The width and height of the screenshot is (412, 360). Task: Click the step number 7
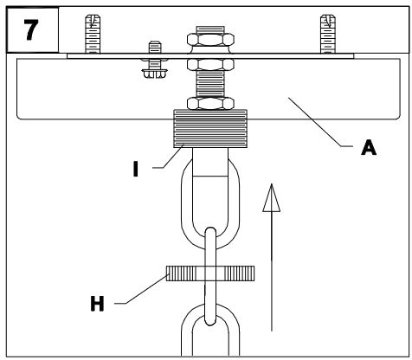(31, 29)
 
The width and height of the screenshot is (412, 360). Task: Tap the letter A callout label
(369, 147)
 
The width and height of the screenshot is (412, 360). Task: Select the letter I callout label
(136, 169)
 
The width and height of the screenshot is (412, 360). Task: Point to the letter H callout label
(97, 304)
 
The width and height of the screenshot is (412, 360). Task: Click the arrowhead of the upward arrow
(272, 198)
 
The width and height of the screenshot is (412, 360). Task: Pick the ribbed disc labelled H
(210, 273)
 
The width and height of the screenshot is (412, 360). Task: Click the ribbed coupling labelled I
(210, 129)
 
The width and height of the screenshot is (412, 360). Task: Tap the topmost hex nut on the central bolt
(210, 40)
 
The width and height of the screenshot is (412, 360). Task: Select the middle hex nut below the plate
(210, 65)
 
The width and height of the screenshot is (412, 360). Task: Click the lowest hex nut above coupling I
(210, 104)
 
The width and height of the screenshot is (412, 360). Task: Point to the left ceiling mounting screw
(93, 34)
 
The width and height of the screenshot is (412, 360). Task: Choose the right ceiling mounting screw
(328, 34)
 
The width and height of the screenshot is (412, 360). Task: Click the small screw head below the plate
(155, 74)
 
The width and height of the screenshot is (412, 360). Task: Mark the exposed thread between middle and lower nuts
(210, 84)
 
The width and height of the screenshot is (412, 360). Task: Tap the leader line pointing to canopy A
(320, 122)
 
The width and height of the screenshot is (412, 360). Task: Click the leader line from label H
(141, 289)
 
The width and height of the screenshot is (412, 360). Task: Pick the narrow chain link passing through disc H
(210, 276)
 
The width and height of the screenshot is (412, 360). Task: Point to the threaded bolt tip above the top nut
(210, 29)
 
